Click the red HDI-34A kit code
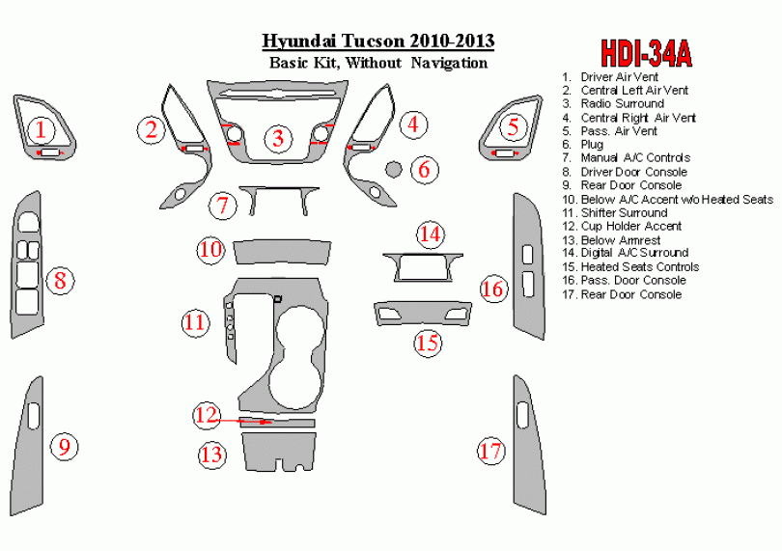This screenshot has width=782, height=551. [646, 53]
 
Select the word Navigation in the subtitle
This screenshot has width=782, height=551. [449, 64]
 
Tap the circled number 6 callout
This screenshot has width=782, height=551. [425, 170]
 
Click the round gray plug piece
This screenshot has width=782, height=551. [394, 169]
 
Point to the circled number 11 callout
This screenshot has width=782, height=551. [195, 322]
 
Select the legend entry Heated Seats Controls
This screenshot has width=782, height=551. [630, 266]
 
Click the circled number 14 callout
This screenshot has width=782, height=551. [431, 234]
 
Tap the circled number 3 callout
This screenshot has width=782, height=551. [278, 138]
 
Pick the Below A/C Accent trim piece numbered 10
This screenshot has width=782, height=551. [282, 252]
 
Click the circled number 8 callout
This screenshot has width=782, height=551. [61, 280]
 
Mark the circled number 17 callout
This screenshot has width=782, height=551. [490, 451]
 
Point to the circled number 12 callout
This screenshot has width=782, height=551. [207, 415]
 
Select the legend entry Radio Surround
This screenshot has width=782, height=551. [613, 103]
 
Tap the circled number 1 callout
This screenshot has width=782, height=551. [41, 129]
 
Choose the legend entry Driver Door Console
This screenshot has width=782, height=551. [625, 172]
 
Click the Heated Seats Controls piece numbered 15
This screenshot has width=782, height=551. [423, 314]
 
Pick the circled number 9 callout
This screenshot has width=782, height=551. [65, 447]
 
